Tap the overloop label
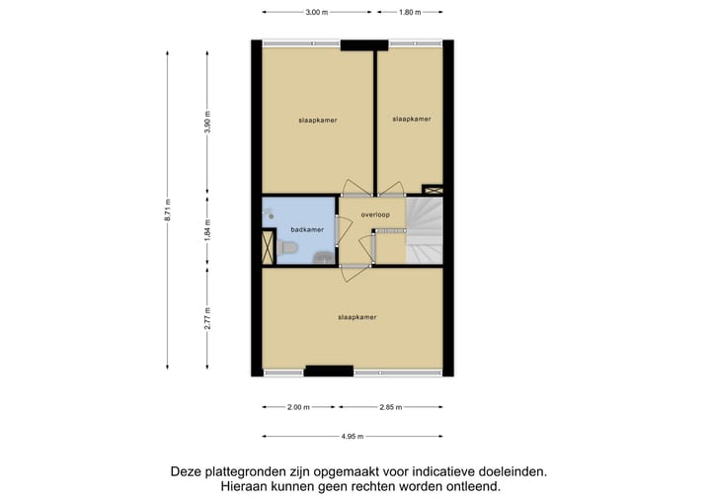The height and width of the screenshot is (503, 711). click(x=375, y=214)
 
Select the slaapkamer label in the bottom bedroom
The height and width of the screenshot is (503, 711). click(x=357, y=317)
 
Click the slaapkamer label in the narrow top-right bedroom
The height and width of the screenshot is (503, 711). click(x=411, y=119)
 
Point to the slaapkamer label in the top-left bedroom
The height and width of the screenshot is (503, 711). click(x=318, y=120)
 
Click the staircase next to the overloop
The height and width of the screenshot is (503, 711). click(x=427, y=229)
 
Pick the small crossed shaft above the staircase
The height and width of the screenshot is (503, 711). click(x=432, y=189)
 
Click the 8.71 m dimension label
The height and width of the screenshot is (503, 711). click(x=168, y=210)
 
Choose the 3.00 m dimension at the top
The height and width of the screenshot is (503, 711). click(x=317, y=13)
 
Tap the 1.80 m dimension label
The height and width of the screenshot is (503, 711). click(x=409, y=13)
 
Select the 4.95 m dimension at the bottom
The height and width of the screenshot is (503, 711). click(x=353, y=436)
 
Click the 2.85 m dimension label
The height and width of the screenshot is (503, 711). click(x=392, y=406)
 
